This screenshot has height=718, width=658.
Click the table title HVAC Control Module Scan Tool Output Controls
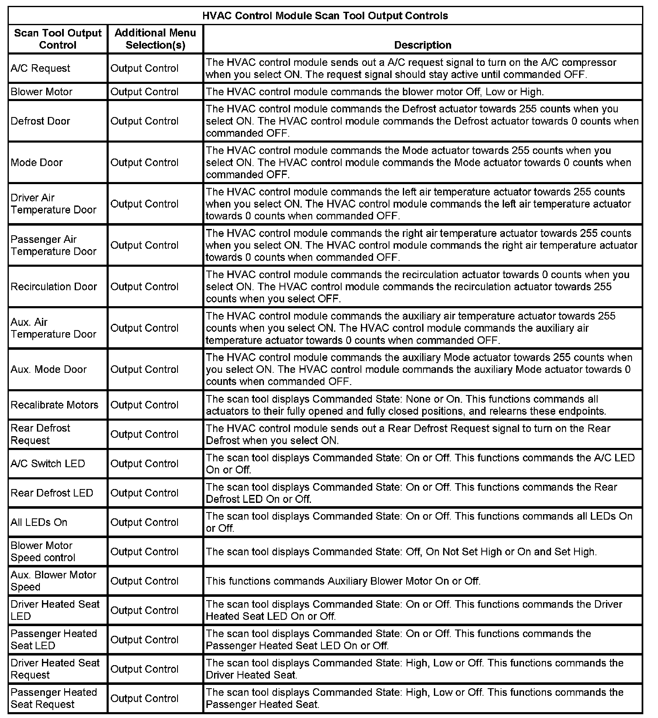point(325,16)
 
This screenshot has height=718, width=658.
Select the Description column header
point(423,45)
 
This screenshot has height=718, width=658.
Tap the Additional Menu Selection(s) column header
point(155,39)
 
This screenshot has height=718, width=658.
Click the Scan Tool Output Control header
point(58,39)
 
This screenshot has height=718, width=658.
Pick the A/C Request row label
point(41,68)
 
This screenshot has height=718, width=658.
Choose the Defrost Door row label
point(41,121)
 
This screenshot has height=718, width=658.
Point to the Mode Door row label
point(37,162)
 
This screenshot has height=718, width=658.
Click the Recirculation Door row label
point(54,286)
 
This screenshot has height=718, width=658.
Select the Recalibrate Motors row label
point(55,405)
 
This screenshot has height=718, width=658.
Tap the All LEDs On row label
point(39,522)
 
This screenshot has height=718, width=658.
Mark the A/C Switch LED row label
point(48,463)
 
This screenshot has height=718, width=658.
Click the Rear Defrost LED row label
point(52,493)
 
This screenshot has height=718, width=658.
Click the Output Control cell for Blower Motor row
point(145,92)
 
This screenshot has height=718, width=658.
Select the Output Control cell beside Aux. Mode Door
point(145,369)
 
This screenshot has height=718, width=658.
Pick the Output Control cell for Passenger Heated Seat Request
point(145,698)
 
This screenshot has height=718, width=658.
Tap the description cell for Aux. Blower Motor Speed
point(343,581)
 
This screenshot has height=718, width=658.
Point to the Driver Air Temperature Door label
point(54,203)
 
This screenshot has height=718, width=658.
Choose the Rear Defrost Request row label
point(41,434)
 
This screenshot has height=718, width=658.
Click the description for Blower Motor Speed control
point(401,552)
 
